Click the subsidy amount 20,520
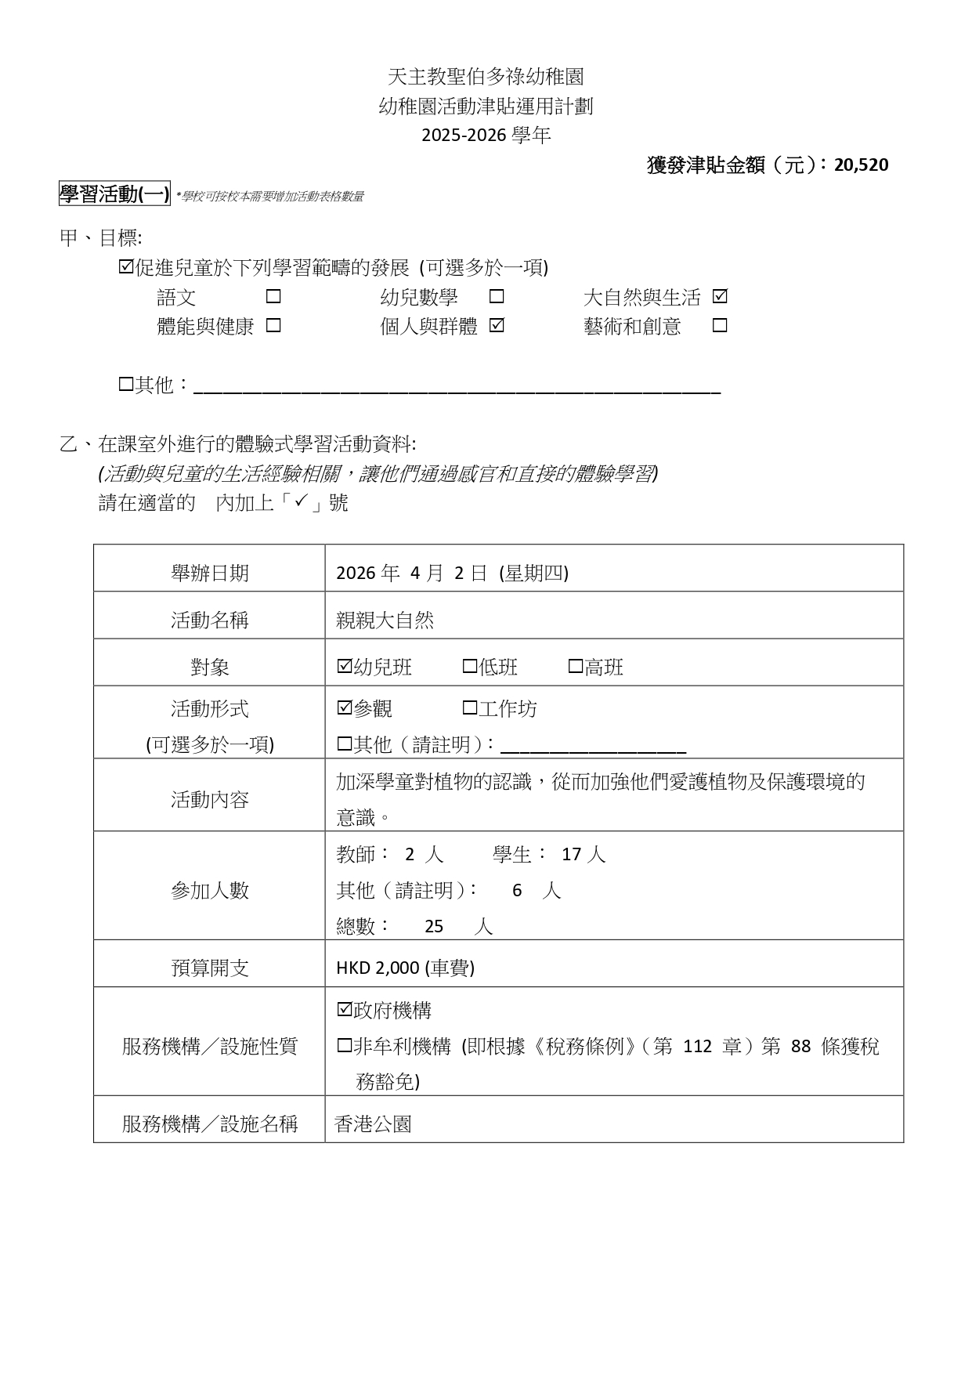[x=861, y=165]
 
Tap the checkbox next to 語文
[x=273, y=297]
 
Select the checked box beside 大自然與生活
[x=720, y=297]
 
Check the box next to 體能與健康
[x=273, y=325]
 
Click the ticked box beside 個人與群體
[x=497, y=325]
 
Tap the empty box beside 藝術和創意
[x=720, y=325]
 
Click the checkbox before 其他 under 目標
[x=125, y=384]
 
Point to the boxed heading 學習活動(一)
[x=114, y=194]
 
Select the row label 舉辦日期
[x=209, y=573]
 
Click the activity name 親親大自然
[x=385, y=621]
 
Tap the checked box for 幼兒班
[x=344, y=666]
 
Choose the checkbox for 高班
[x=575, y=666]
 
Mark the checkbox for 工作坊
[x=469, y=708]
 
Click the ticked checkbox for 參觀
[x=344, y=708]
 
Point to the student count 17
[x=571, y=854]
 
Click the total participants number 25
[x=434, y=926]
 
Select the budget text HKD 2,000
[x=378, y=968]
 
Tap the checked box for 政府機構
[x=344, y=1010]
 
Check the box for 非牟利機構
[x=344, y=1046]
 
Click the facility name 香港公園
[x=373, y=1124]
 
